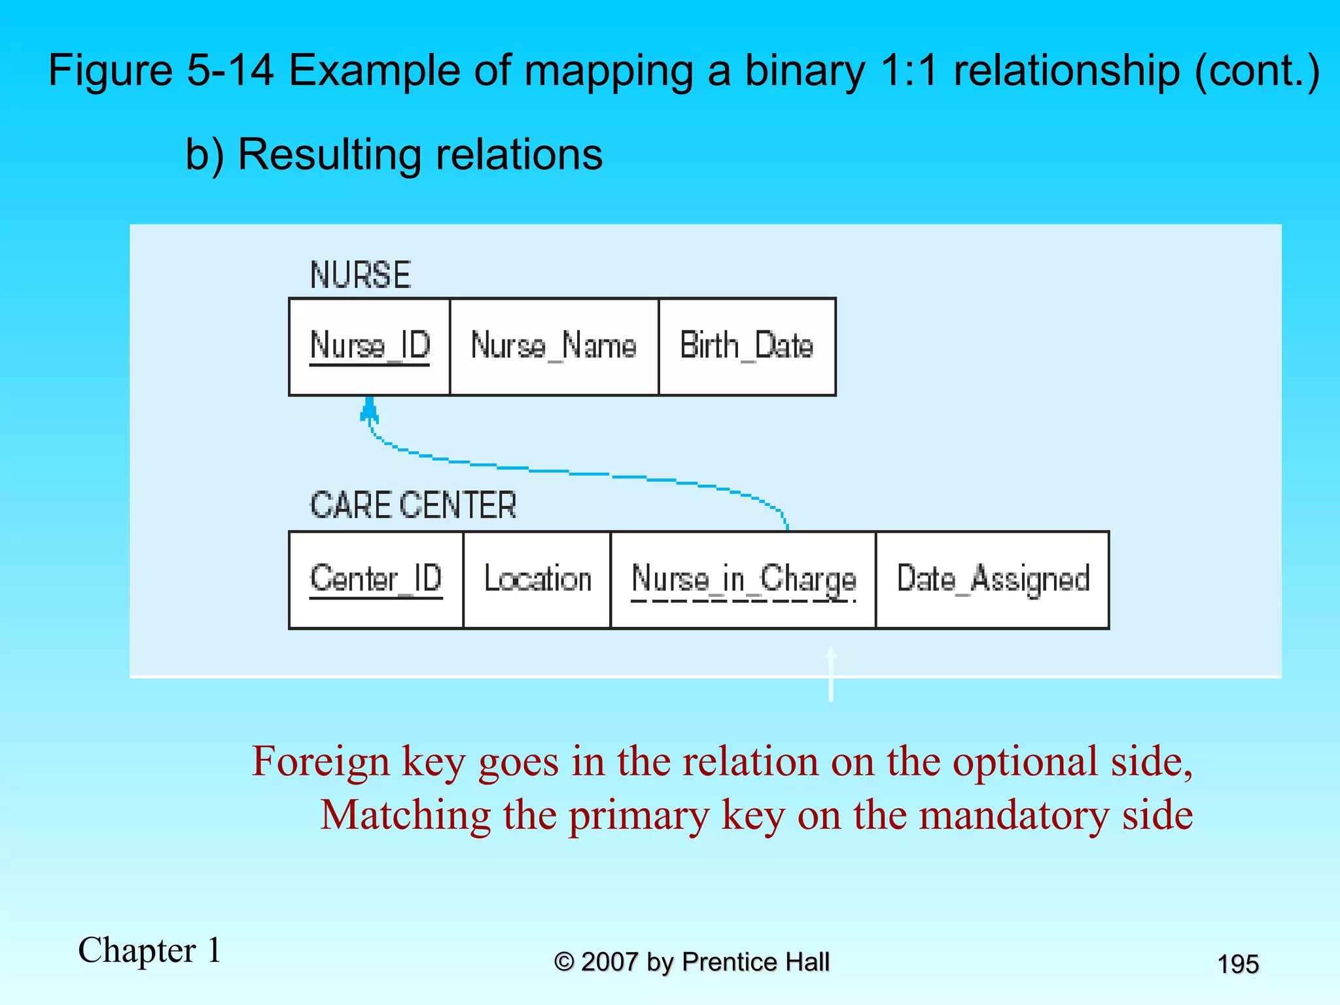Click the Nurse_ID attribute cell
[370, 347]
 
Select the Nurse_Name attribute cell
[554, 347]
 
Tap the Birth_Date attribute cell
[747, 347]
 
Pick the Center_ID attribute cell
[376, 580]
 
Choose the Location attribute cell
[537, 580]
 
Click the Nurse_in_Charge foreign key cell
[743, 580]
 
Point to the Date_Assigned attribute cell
[993, 580]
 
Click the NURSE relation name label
[361, 275]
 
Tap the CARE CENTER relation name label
[413, 506]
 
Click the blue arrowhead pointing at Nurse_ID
[370, 410]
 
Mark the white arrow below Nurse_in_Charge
[831, 674]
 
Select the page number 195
[1238, 964]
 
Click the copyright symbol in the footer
[564, 962]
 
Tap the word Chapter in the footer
[137, 950]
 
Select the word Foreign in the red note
[321, 762]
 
